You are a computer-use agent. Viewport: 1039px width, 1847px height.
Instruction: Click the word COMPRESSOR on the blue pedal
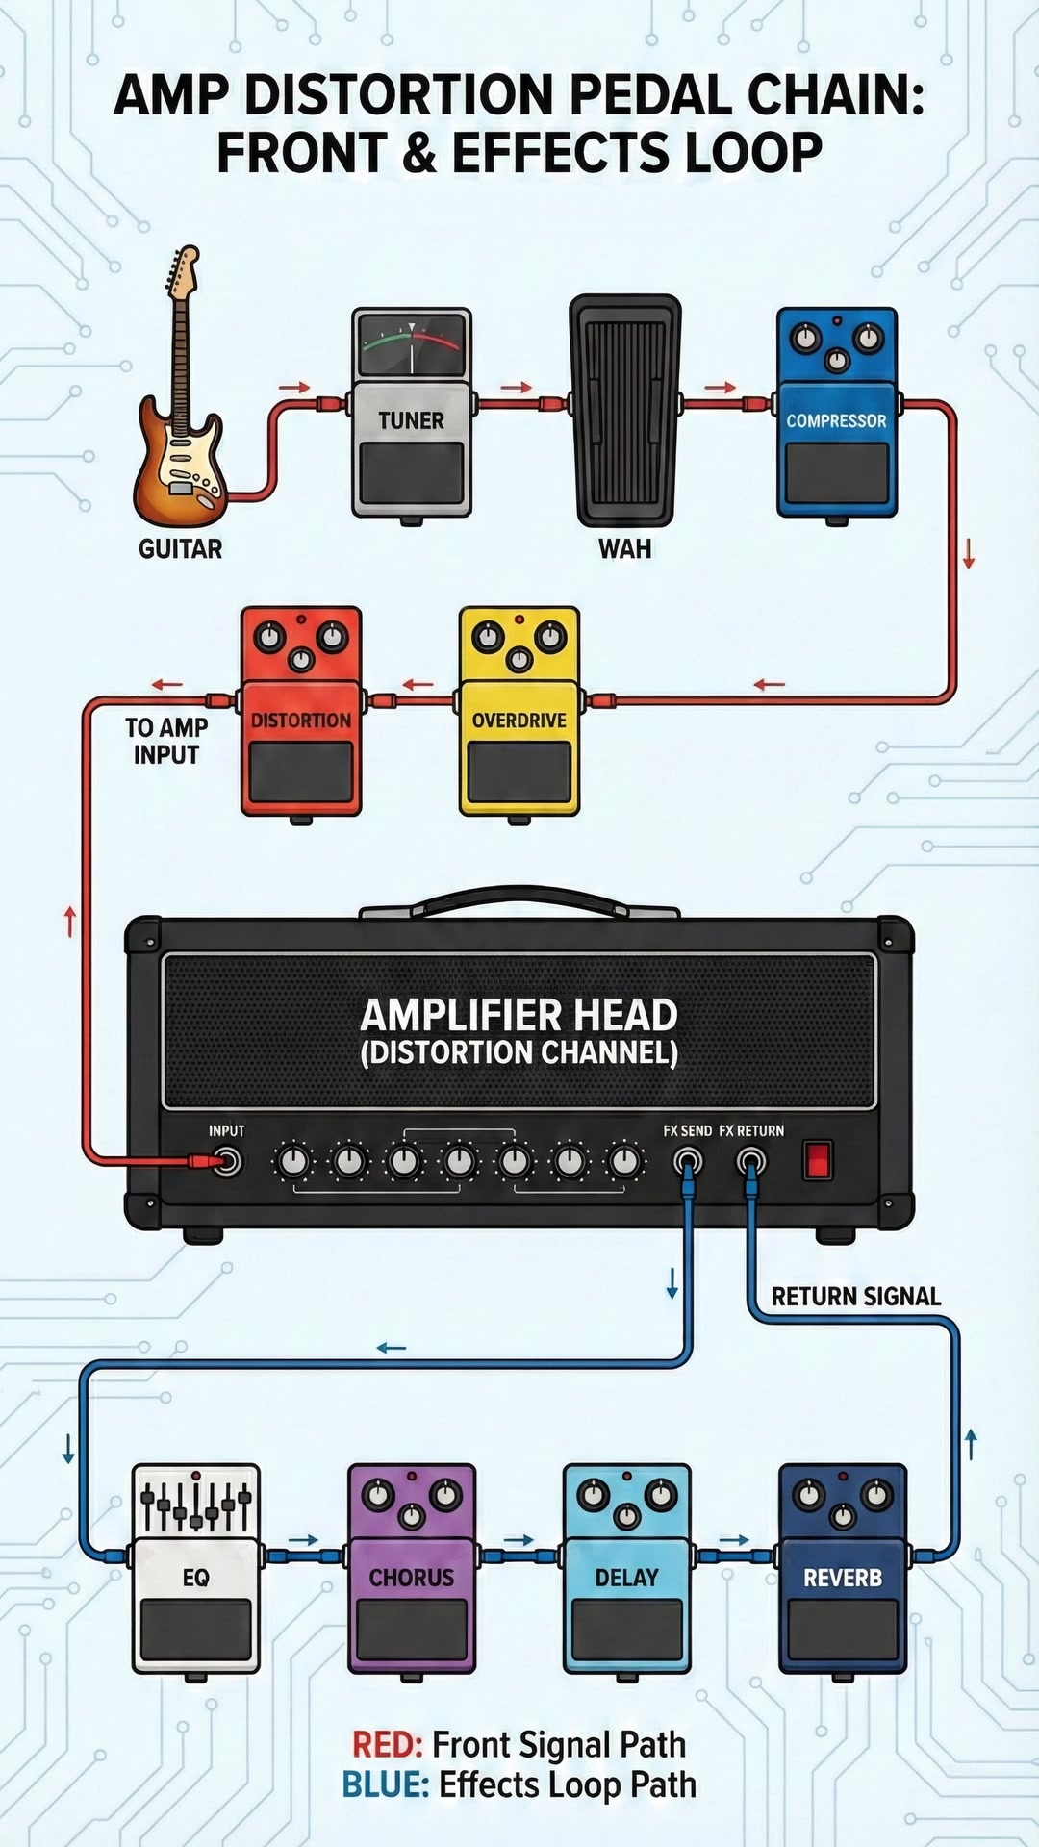[x=836, y=420]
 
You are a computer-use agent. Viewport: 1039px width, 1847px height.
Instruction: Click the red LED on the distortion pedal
[x=301, y=619]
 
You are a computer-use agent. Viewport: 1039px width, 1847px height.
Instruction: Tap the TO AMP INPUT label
[x=166, y=741]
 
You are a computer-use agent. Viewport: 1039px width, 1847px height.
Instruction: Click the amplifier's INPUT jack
[x=227, y=1162]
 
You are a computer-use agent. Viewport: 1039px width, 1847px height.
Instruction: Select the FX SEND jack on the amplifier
[x=687, y=1162]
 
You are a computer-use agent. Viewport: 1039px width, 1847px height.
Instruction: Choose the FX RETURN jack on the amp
[x=751, y=1162]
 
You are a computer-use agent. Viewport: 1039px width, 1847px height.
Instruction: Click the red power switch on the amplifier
[x=818, y=1160]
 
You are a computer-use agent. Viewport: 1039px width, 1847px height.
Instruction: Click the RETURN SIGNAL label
[x=856, y=1297]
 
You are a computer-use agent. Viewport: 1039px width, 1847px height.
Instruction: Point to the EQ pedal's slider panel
[x=195, y=1503]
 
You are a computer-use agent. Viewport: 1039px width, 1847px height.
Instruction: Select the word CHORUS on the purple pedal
[x=411, y=1578]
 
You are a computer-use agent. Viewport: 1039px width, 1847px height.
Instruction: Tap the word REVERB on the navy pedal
[x=843, y=1578]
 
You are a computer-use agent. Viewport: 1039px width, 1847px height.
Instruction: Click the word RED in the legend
[x=388, y=1745]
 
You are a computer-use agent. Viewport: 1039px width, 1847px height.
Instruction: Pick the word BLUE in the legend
[x=385, y=1785]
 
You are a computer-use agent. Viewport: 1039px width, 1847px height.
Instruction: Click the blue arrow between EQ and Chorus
[x=304, y=1540]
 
